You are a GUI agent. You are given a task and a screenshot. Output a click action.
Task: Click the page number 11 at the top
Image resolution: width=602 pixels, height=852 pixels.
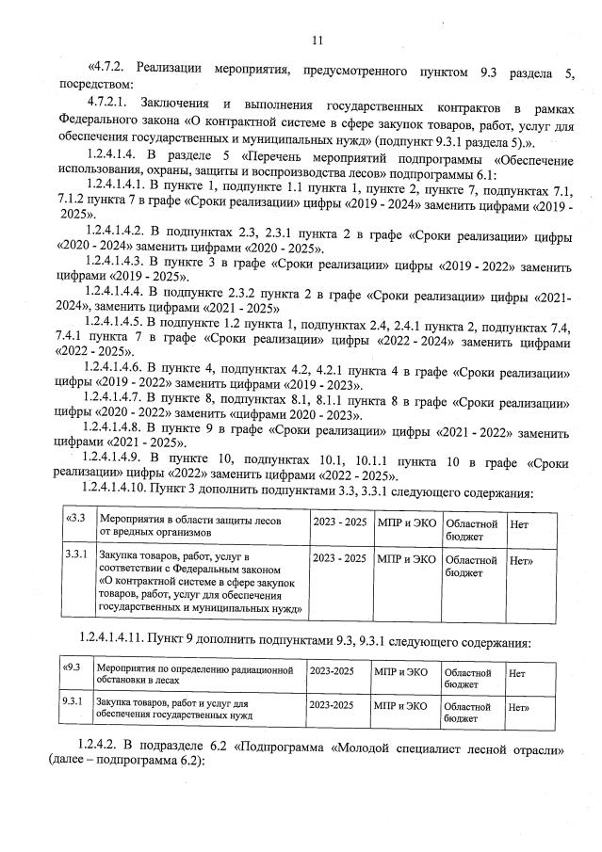(317, 39)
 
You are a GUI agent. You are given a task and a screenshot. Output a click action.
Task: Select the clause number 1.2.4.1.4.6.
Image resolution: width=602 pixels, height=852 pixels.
(125, 369)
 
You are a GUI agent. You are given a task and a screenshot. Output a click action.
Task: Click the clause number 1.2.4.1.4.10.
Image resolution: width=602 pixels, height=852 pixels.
(129, 492)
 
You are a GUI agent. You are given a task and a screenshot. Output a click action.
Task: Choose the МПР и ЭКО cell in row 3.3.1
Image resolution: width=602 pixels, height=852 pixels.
(405, 559)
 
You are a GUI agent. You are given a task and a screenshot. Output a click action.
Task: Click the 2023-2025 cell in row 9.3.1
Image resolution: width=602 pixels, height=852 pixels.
(332, 704)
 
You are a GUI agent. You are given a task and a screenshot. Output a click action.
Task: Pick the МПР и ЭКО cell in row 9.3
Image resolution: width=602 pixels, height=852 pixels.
(400, 673)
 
